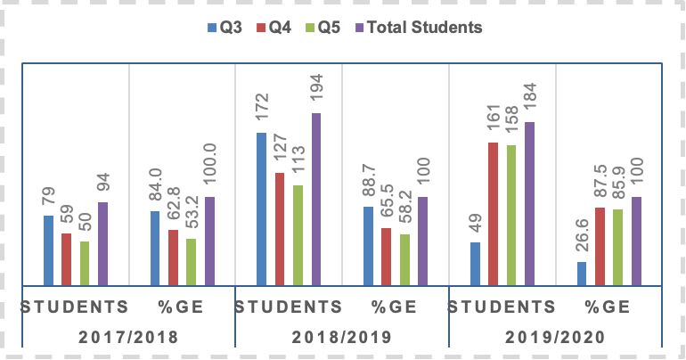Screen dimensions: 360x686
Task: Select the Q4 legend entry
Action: [x=276, y=27]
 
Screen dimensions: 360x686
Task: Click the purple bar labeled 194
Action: [x=315, y=199]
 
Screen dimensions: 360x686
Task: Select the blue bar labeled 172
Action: [x=262, y=209]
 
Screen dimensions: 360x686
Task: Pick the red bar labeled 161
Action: [x=493, y=214]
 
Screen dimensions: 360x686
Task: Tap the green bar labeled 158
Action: [x=511, y=215]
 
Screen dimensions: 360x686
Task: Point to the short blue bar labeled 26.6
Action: [x=582, y=274]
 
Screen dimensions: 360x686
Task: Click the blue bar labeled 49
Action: [x=475, y=264]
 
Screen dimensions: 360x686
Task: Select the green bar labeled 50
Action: [x=85, y=263]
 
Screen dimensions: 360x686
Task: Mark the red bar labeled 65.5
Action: [x=386, y=257]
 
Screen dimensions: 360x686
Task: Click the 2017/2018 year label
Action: [x=129, y=338]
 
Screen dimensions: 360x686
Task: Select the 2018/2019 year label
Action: [x=343, y=338]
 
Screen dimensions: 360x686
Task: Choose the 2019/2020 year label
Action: [x=556, y=338]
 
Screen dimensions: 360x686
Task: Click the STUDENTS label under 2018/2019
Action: [x=289, y=307]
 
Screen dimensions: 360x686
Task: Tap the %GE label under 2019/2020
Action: [x=608, y=307]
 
